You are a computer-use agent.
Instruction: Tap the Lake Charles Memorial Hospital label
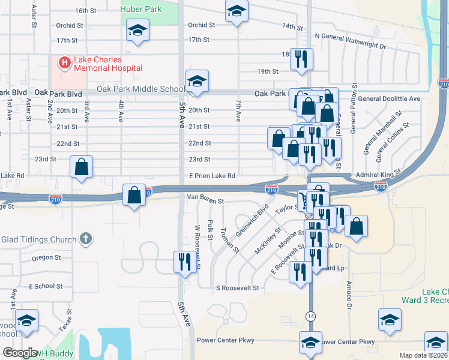108,64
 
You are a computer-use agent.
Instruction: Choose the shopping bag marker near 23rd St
81,167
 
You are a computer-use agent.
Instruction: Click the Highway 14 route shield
310,316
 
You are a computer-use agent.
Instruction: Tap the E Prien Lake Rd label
212,175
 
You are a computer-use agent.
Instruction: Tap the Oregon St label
43,258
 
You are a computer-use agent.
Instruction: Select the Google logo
20,353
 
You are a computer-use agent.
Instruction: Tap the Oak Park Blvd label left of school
58,93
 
